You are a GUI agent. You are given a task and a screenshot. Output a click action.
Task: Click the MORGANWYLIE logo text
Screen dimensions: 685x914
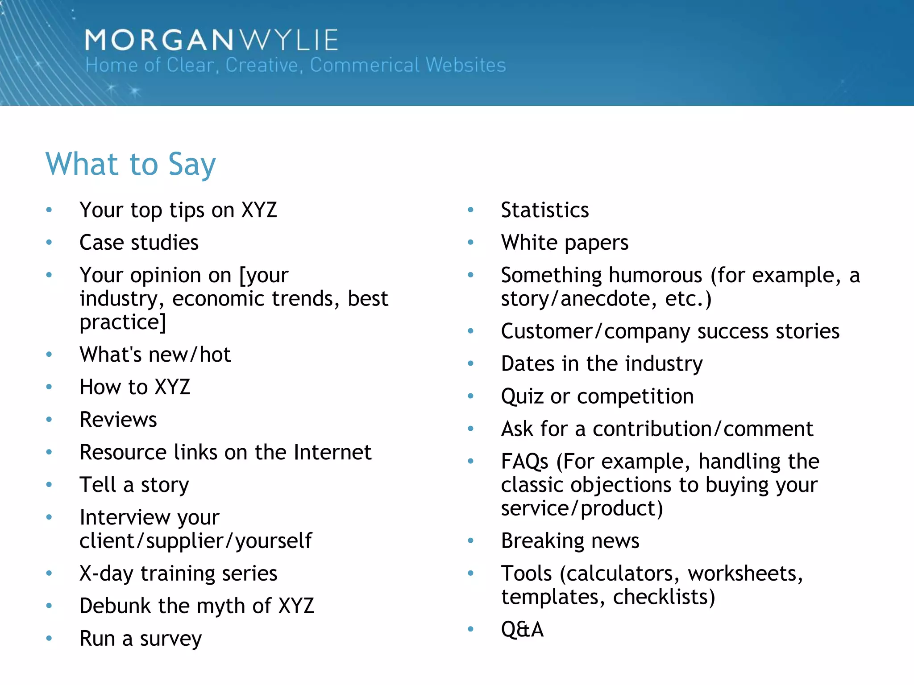point(211,40)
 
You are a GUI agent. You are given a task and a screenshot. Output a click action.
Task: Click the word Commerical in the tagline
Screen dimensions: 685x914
point(365,65)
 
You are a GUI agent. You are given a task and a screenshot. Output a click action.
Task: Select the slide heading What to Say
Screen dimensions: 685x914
point(130,164)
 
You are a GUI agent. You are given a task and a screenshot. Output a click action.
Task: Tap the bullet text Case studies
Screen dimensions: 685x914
point(139,243)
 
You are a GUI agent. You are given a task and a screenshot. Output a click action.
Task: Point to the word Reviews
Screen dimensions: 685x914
point(118,420)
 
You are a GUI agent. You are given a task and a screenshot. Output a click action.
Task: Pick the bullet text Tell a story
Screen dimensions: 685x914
point(134,485)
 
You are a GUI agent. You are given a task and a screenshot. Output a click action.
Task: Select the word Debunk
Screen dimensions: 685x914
point(115,606)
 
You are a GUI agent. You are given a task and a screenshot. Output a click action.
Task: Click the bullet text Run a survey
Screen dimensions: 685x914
point(141,639)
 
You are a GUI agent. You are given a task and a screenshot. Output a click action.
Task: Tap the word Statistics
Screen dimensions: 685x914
point(544,210)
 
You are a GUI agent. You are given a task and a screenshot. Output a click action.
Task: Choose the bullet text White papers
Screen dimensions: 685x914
point(565,243)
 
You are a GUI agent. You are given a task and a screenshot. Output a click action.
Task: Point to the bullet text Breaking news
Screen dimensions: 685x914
point(570,541)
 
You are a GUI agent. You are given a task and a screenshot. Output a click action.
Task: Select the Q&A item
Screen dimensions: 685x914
point(522,629)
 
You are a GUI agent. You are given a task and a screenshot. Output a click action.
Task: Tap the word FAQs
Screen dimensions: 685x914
point(524,462)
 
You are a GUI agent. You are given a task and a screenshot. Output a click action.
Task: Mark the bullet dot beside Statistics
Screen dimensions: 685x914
point(470,210)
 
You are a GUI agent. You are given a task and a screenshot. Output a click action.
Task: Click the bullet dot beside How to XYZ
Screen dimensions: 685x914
point(49,387)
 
